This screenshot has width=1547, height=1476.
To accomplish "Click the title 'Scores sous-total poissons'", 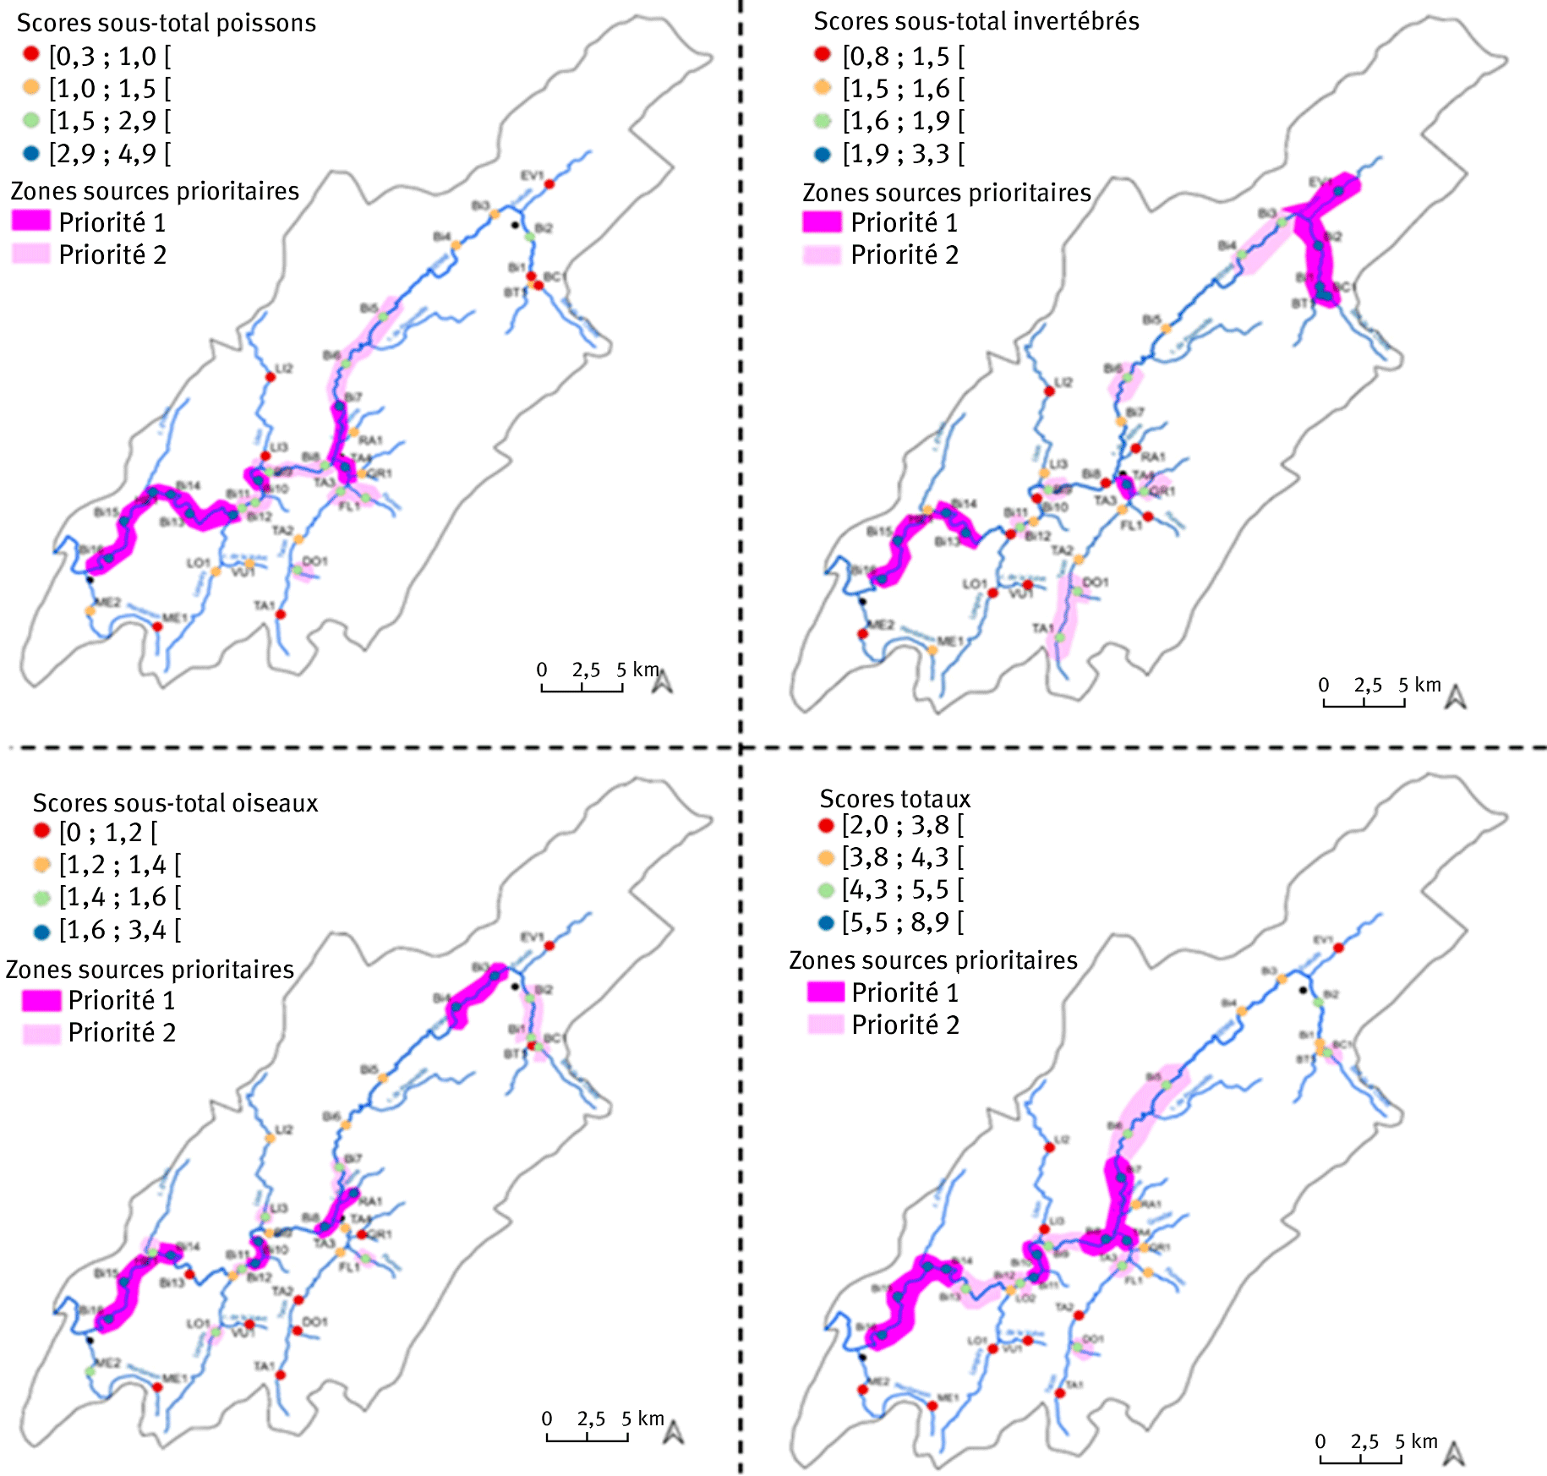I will pos(167,23).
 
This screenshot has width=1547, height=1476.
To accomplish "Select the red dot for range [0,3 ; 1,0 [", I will pos(31,55).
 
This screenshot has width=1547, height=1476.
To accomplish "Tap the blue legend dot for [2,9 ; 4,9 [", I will pos(31,153).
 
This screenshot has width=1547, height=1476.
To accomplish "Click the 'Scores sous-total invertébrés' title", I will pos(976,21).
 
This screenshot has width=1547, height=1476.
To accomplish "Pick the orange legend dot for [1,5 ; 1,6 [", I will pos(823,87).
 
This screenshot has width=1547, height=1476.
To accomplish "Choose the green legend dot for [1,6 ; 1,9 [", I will pos(823,121).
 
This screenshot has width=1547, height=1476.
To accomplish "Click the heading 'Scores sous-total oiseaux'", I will pos(175,802).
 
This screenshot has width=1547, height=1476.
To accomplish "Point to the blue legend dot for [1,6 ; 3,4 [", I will pos(41,932).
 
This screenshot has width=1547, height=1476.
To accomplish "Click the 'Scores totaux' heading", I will pos(895,798).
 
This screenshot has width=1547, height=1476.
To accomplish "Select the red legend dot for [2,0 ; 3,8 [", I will pos(826,825).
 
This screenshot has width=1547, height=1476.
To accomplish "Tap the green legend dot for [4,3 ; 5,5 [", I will pos(826,889).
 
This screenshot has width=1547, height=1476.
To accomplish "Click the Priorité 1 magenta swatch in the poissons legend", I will pos(31,221).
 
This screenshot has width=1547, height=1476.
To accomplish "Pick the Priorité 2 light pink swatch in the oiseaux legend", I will pos(41,1032).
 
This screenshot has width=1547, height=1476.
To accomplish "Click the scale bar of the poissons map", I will pos(582,689).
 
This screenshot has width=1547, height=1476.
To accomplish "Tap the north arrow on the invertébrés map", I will pos(1455,697).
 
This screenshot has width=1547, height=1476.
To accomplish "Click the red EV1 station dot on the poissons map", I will pos(549,184).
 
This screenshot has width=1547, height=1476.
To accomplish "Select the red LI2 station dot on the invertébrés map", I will pos(1049,391).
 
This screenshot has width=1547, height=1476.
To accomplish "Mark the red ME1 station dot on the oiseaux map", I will pos(157,1387).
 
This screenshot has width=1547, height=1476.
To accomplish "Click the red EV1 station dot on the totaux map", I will pos(1339,948).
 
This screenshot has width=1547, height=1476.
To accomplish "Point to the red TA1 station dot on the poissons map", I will pos(281,615).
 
